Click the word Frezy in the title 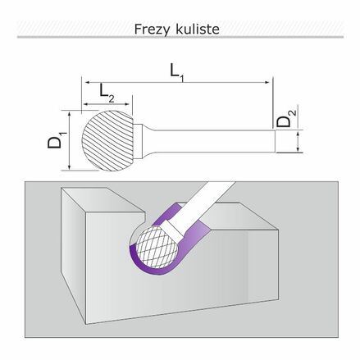coord(152,30)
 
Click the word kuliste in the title coord(197,29)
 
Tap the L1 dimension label coord(177,72)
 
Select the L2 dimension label coord(107,93)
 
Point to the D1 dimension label coord(57,140)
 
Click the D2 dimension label coord(286,119)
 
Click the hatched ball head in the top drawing coord(107,141)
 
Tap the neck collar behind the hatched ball coord(139,141)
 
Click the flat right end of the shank coord(275,141)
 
